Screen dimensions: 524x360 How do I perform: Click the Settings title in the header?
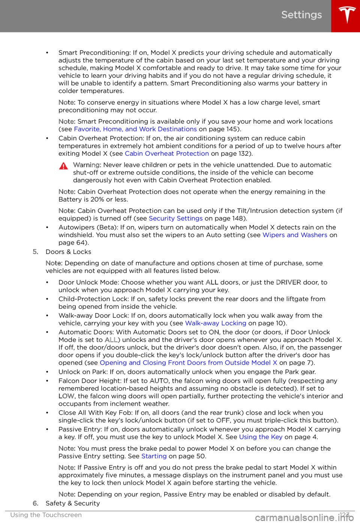coord(301,15)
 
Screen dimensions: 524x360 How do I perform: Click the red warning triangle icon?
coord(63,166)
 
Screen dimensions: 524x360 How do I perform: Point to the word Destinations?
coord(177,129)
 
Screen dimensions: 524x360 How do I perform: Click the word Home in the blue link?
coord(112,129)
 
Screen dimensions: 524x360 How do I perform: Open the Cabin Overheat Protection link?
coord(167,154)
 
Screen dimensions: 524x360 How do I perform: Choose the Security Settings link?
coord(176,218)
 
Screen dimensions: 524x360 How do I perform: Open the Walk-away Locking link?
coord(216,323)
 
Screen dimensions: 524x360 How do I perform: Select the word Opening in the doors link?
coord(113,363)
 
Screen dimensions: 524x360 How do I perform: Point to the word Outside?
coord(237,363)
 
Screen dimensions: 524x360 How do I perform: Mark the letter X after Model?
coord(275,363)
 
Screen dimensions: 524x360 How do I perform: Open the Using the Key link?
coord(261,437)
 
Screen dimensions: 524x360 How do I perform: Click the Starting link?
coord(154,456)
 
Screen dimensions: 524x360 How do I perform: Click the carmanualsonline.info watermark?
coord(304,518)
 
